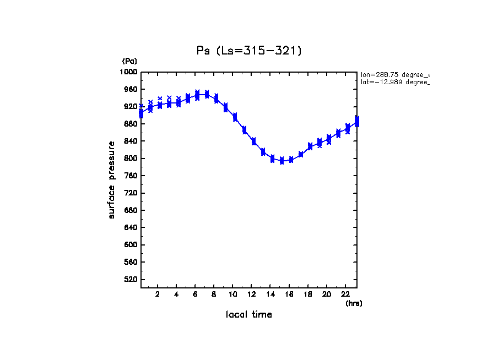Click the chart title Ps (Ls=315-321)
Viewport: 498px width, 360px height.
tap(249, 51)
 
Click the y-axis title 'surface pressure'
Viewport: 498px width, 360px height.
tap(112, 179)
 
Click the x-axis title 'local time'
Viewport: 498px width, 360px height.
tap(249, 315)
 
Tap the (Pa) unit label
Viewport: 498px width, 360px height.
tap(129, 62)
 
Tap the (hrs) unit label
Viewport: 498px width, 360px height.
tap(354, 303)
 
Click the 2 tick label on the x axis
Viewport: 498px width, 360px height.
tap(158, 294)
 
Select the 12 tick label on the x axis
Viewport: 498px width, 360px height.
tap(251, 294)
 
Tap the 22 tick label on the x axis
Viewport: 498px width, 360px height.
tap(345, 294)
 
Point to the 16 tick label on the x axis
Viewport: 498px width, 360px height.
tap(289, 294)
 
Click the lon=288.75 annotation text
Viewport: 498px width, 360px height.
tap(394, 74)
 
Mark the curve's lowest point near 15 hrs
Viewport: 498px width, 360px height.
tap(282, 161)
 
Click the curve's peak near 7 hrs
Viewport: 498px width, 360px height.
tap(206, 94)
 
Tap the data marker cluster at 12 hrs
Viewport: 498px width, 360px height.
tap(253, 141)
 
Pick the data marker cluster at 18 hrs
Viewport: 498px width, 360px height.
tap(310, 146)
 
